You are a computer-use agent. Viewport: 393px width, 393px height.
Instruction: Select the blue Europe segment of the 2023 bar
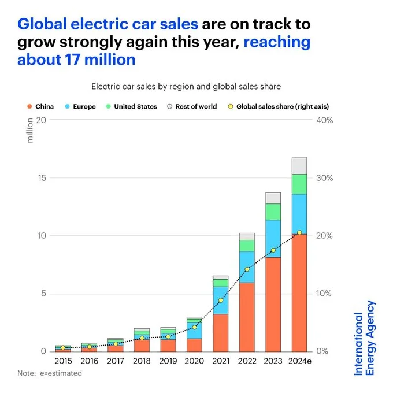pos(273,238)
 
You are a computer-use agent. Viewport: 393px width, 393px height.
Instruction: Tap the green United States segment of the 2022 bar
pos(247,245)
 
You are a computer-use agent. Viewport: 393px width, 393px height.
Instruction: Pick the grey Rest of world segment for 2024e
pos(299,165)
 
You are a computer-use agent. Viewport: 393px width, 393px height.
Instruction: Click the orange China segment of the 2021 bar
pos(220,332)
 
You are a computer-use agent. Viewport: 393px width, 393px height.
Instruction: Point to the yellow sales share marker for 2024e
pos(299,232)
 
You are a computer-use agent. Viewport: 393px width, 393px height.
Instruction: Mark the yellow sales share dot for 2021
pos(220,301)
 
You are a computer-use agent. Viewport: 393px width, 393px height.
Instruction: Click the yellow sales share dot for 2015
pos(63,348)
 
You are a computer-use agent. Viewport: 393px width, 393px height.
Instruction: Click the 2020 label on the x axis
pos(194,361)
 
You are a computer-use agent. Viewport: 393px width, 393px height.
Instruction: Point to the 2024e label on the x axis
pos(299,361)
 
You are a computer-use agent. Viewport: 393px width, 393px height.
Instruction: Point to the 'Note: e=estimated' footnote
pos(50,373)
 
